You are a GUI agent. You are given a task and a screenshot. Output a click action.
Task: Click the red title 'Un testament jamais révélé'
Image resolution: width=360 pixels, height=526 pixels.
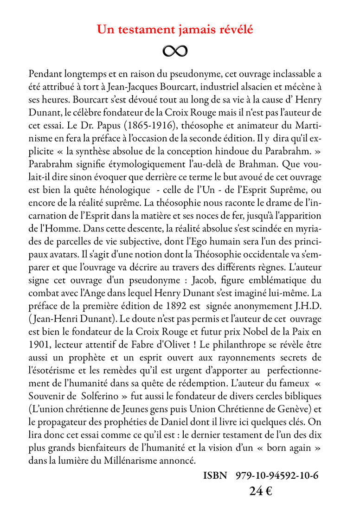[x=175, y=30]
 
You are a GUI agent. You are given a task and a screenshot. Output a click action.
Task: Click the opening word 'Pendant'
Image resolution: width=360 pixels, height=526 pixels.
[x=45, y=74]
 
